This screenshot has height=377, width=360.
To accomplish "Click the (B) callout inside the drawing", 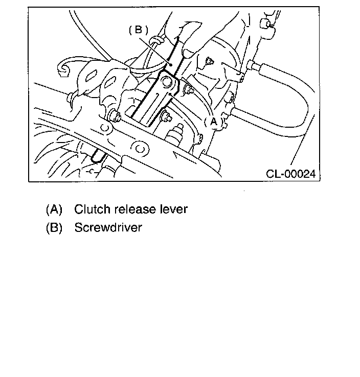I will click(139, 30).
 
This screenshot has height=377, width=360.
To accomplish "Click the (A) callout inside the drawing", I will click(214, 122).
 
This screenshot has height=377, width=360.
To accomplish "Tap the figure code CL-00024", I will click(290, 174).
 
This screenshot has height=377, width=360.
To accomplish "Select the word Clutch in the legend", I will click(91, 209).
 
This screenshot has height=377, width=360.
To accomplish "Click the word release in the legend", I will click(134, 209).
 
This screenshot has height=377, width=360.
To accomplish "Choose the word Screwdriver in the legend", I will click(108, 227).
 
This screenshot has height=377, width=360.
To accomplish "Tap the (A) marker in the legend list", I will click(54, 209).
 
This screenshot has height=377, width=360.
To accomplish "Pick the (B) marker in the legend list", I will click(54, 227).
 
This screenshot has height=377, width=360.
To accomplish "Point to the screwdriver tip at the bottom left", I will click(95, 159).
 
